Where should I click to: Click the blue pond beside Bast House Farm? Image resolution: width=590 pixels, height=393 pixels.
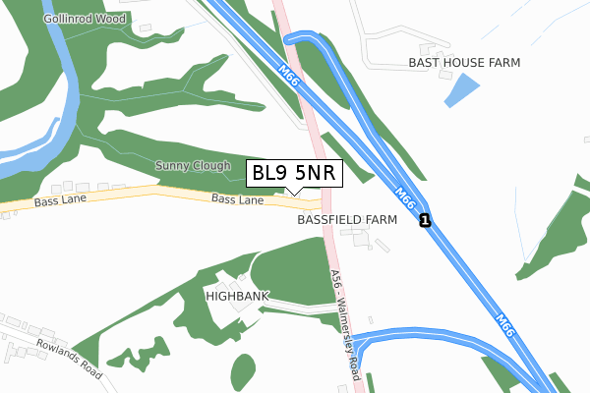pos(459,90)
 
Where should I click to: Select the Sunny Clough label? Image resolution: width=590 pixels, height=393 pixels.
pos(193,166)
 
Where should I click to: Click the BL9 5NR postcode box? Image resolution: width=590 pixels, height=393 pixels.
pos(295,173)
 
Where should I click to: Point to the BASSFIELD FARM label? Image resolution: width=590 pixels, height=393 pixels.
pos(346,220)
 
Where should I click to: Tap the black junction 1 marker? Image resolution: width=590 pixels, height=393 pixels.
pos(424,221)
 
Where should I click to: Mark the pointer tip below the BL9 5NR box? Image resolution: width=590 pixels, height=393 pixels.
pos(295,194)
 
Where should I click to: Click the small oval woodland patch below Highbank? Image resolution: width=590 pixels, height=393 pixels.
pos(242,371)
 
